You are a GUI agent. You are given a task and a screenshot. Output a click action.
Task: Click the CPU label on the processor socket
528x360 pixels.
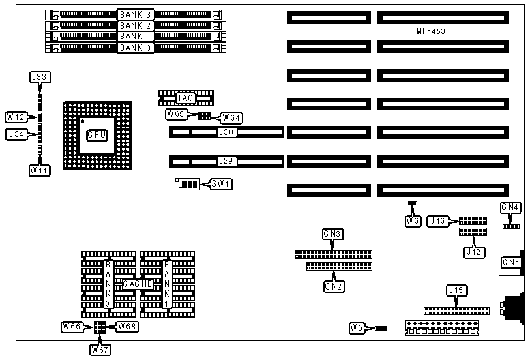96,135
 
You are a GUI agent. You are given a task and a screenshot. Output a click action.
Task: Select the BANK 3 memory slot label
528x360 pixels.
136,14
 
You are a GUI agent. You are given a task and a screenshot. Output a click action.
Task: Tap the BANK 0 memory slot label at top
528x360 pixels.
136,47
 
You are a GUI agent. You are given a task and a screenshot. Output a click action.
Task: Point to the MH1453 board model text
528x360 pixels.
431,31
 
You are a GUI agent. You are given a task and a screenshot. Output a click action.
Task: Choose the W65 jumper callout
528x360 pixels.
176,114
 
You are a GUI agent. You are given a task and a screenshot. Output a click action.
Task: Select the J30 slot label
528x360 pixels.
227,132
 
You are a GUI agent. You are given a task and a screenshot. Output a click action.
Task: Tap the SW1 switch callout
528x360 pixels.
221,184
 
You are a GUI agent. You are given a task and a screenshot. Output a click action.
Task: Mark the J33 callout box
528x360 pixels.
39,77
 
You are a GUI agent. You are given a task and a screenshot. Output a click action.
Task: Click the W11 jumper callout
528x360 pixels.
39,170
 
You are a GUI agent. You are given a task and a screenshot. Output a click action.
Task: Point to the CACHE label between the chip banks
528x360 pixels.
138,284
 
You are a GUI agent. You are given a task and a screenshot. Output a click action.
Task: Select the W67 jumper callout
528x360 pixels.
100,349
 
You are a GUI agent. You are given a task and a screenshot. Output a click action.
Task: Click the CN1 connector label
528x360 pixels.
510,263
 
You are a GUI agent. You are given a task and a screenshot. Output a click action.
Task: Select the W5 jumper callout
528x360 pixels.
357,327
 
